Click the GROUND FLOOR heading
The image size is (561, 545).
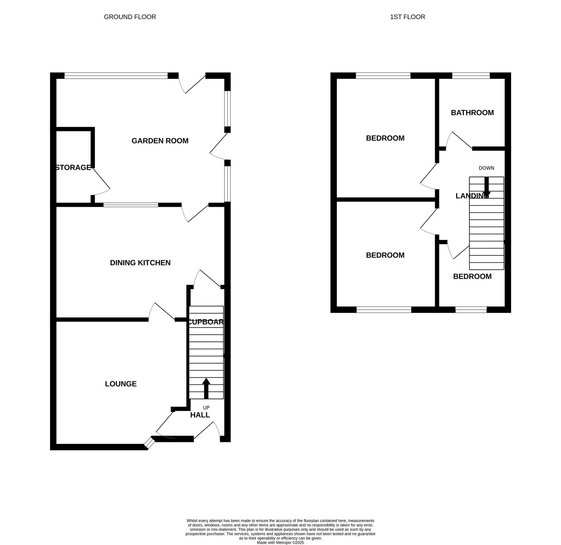click(130, 17)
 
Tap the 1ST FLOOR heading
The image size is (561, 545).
click(407, 17)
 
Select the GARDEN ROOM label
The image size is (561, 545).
click(160, 141)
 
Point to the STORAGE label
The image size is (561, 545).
click(73, 168)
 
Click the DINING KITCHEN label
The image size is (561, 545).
click(140, 263)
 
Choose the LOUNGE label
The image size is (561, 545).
click(121, 384)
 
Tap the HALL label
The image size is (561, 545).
click(200, 415)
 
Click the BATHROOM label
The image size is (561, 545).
click(472, 113)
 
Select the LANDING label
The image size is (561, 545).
click(472, 196)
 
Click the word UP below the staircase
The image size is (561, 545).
click(206, 408)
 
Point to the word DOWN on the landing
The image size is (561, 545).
click(486, 168)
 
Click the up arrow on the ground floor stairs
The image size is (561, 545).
click(206, 388)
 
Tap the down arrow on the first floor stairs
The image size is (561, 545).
click(486, 186)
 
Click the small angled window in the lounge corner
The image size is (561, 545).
click(149, 443)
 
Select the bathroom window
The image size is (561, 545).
click(471, 75)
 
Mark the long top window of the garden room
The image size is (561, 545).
click(116, 75)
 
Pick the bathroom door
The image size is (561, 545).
click(459, 140)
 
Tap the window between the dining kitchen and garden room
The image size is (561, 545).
click(131, 205)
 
